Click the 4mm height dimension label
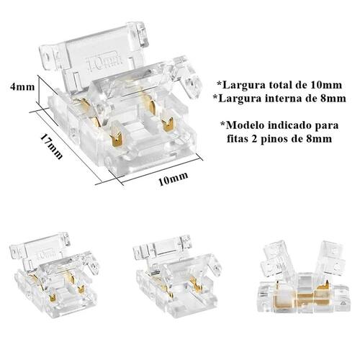(x=22, y=86)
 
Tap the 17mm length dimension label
(x=52, y=146)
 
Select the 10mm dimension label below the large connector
(x=174, y=179)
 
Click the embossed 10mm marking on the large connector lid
(x=104, y=63)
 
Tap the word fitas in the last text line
(x=237, y=138)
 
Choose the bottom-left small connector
(x=55, y=274)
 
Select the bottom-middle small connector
(x=178, y=275)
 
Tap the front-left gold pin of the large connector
(x=117, y=135)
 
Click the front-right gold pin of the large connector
(x=168, y=123)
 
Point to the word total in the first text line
(x=282, y=85)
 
